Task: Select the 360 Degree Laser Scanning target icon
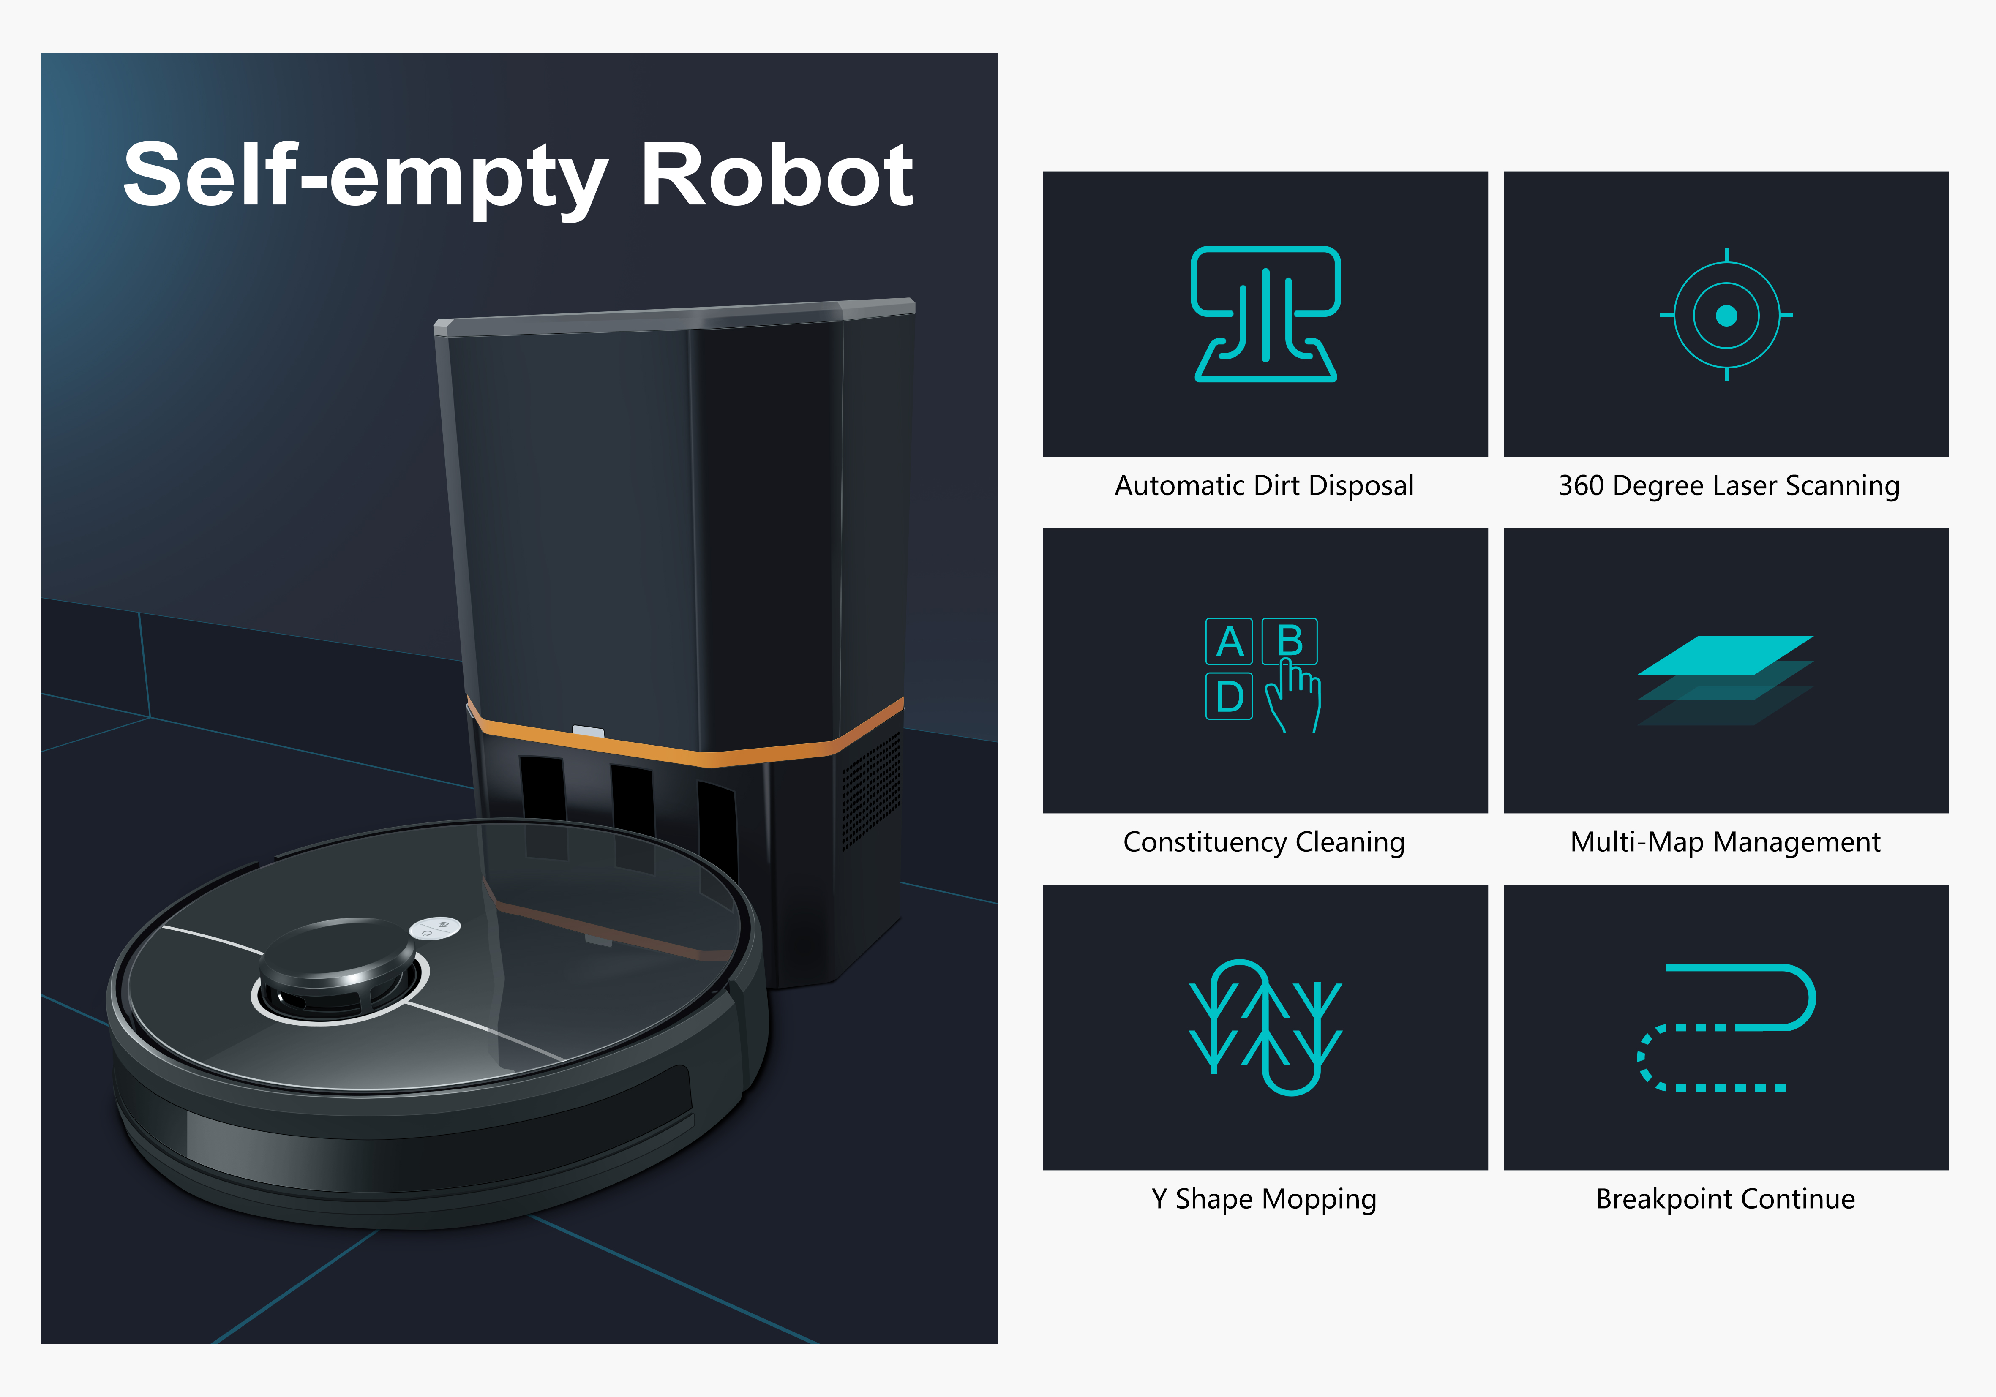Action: click(x=1726, y=315)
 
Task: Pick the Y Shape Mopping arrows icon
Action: click(x=1266, y=1027)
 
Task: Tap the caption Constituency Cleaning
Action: click(x=1264, y=842)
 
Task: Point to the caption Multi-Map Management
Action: click(x=1726, y=842)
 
